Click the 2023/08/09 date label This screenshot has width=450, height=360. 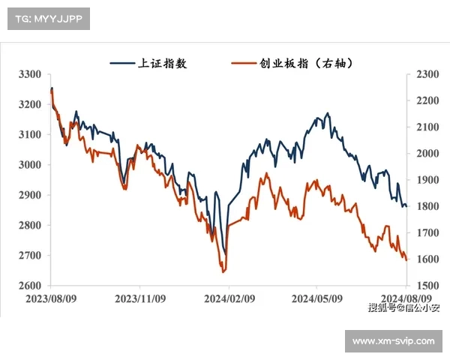click(49, 298)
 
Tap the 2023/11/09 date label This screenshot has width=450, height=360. click(139, 298)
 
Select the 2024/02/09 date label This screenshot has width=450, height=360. click(228, 298)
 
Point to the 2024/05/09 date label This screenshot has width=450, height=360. click(316, 298)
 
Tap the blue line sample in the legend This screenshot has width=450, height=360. click(122, 64)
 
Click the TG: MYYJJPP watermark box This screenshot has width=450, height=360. click(49, 19)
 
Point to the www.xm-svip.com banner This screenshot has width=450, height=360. click(393, 341)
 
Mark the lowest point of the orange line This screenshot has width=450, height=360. click(224, 272)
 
